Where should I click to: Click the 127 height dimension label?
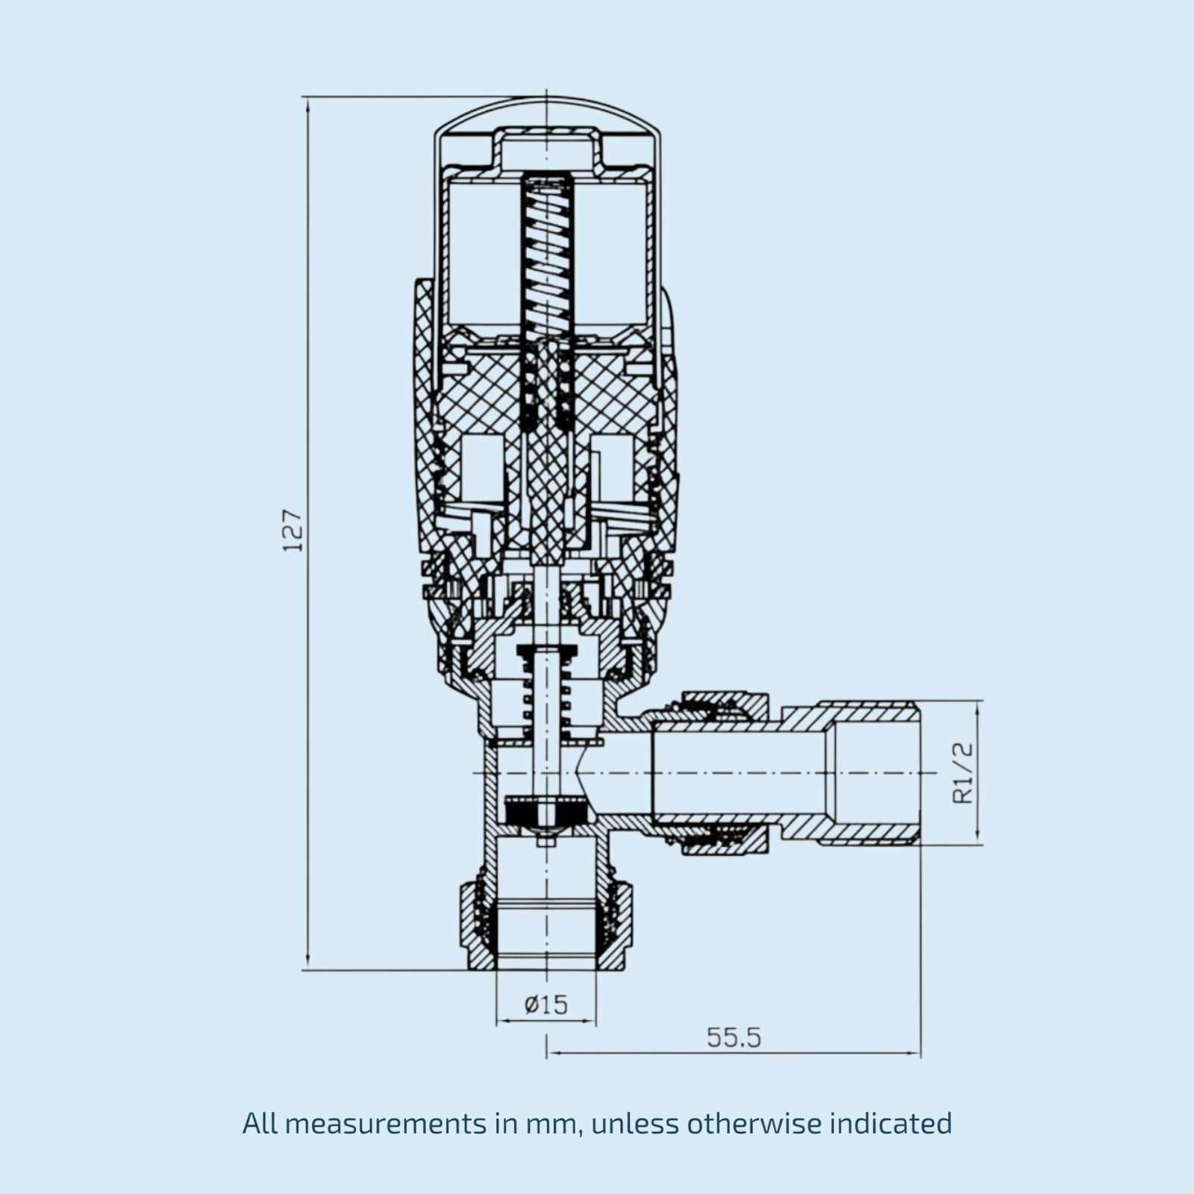tap(294, 531)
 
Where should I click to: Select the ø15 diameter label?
tap(546, 1004)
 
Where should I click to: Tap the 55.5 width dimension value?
tap(734, 1037)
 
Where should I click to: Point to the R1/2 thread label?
tap(963, 773)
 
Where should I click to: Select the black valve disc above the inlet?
tap(546, 810)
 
